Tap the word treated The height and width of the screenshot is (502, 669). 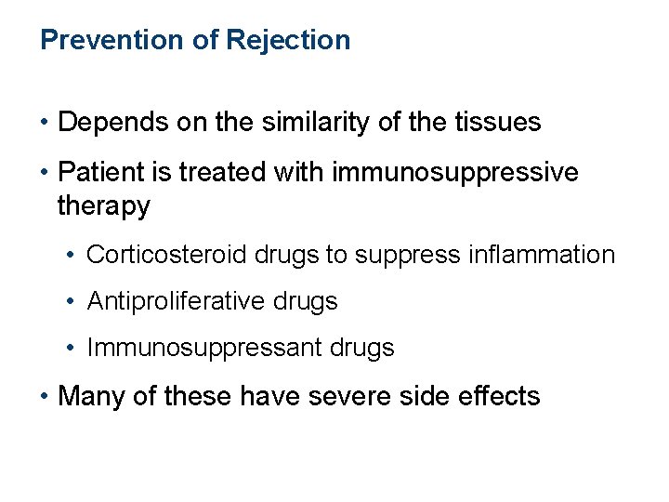pyautogui.click(x=214, y=173)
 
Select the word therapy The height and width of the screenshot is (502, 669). pyautogui.click(x=103, y=206)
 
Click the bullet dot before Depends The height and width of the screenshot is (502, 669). pyautogui.click(x=45, y=123)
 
